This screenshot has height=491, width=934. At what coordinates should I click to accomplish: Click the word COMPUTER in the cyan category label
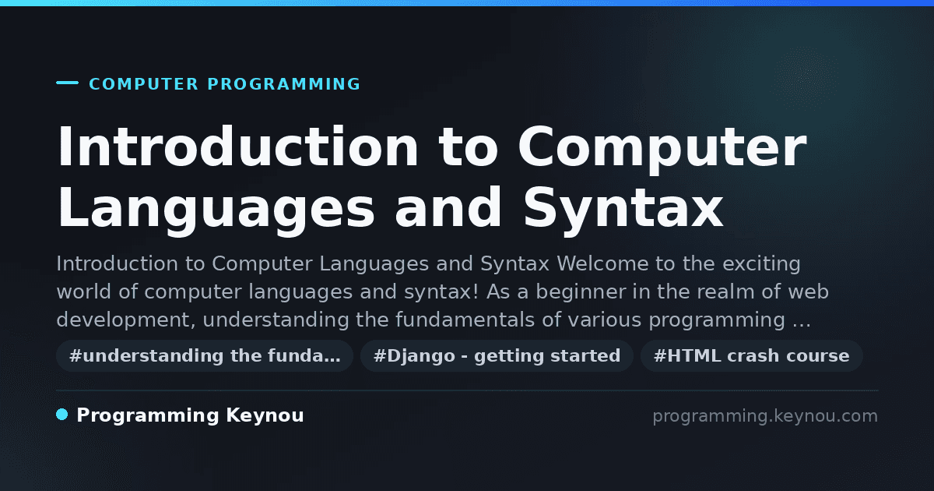tap(143, 84)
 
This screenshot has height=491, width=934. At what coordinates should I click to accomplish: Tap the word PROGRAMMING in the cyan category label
tap(283, 84)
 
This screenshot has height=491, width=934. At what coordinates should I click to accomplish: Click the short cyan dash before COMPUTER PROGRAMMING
tap(67, 83)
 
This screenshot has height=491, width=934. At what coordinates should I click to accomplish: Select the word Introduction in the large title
tap(237, 147)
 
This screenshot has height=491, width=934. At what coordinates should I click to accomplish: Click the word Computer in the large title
tap(662, 150)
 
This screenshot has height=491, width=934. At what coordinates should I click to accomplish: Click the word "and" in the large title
tap(448, 207)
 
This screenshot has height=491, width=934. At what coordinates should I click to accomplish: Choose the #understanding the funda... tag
tap(205, 355)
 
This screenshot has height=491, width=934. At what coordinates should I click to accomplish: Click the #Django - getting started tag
tap(497, 355)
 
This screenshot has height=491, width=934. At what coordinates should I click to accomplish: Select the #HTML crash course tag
tap(752, 355)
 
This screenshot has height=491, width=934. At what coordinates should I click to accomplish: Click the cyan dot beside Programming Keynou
tap(62, 415)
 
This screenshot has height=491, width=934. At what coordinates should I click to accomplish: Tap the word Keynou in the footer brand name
tap(265, 416)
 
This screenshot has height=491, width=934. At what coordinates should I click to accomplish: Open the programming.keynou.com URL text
tap(765, 416)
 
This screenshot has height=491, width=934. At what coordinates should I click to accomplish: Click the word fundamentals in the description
tap(465, 320)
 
